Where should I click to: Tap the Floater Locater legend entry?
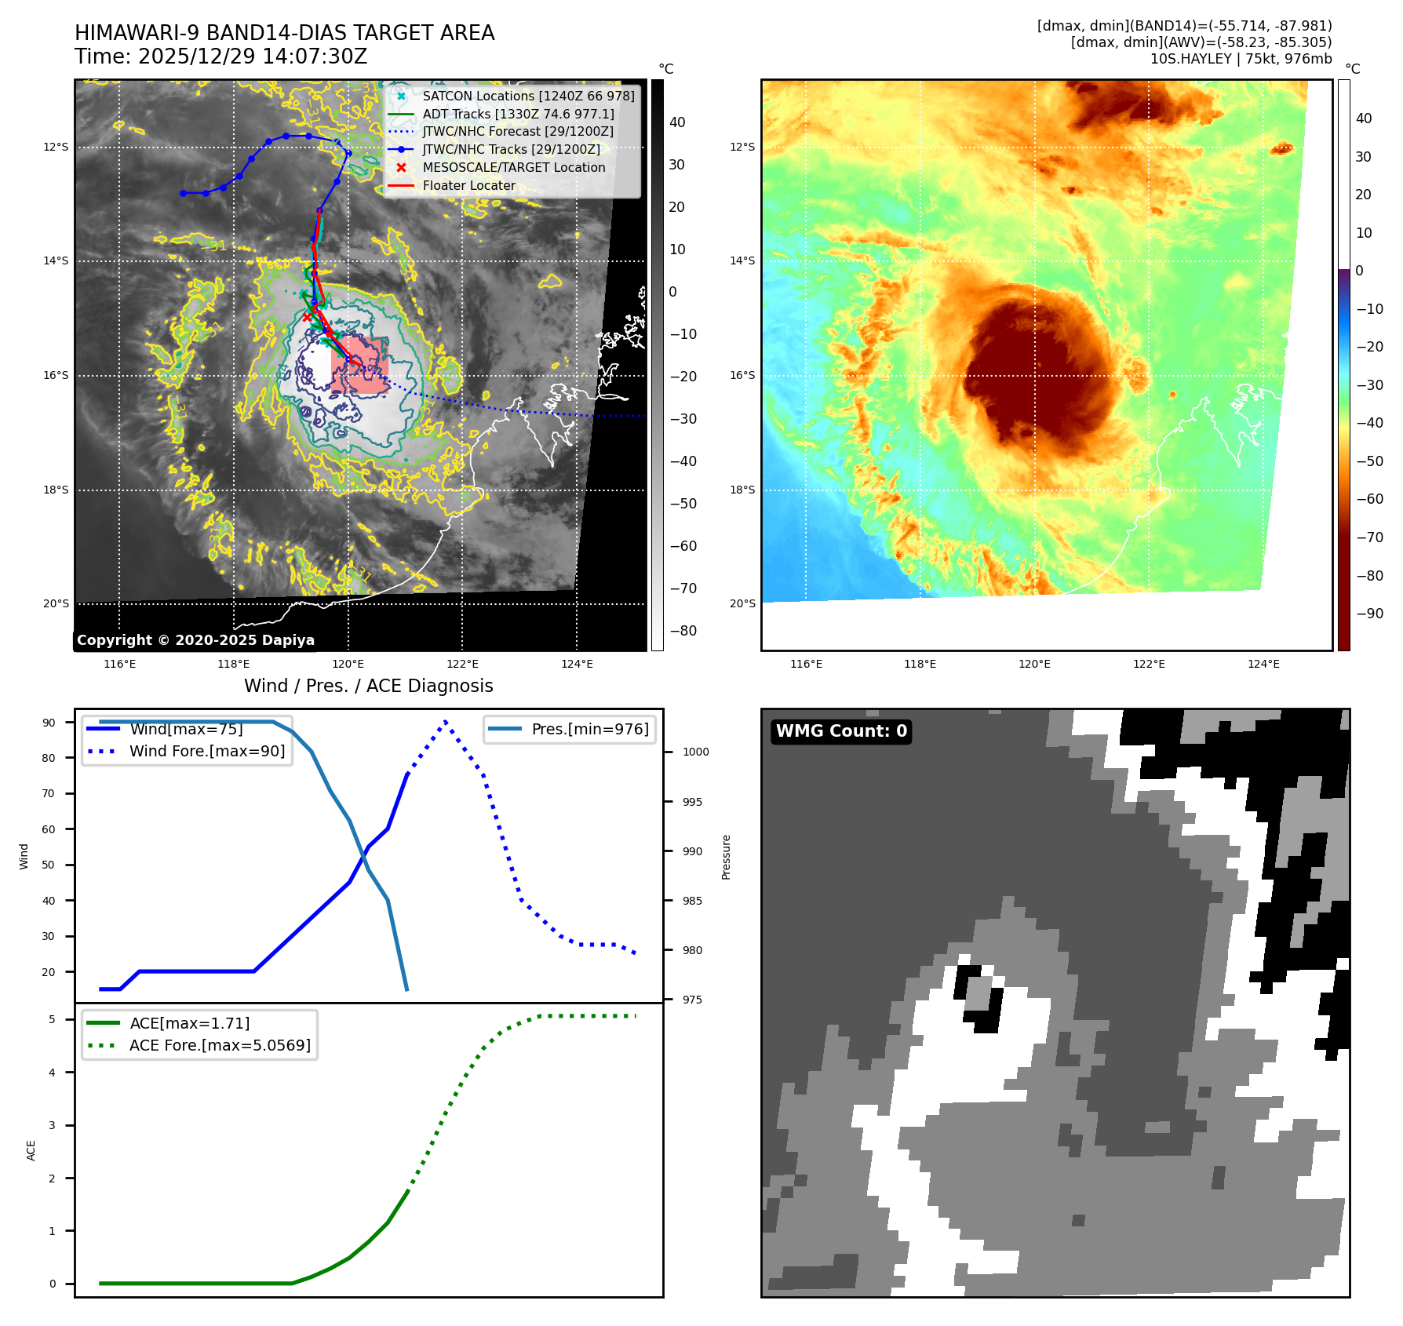coord(468,186)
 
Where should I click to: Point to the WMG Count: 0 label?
coord(841,731)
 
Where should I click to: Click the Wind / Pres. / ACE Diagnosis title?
coord(369,686)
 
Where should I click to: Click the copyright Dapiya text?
coord(195,640)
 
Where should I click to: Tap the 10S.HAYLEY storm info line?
coord(1241,59)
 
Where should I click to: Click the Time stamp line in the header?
coord(220,56)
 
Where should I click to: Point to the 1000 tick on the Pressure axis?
coord(695,752)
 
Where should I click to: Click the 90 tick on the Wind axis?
coord(49,723)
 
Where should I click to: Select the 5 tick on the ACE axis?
coord(53,1019)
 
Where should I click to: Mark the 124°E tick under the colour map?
coord(1263,664)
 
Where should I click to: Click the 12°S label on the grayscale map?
coord(56,147)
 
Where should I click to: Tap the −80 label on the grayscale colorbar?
coord(683,631)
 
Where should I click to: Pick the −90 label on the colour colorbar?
coord(1369,614)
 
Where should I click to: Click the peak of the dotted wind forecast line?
coord(446,721)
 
